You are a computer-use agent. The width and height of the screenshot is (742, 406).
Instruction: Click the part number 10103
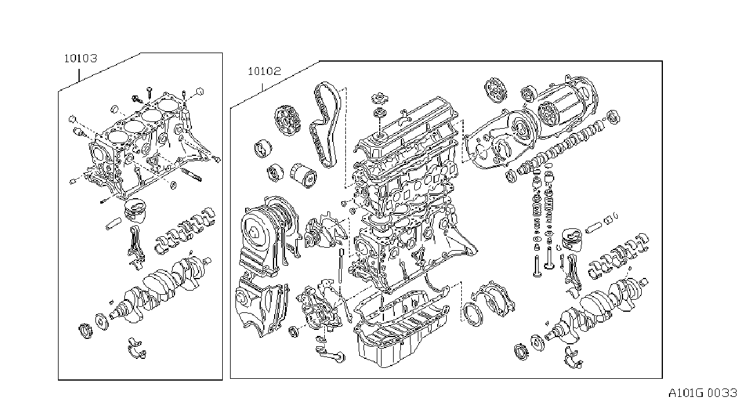80,59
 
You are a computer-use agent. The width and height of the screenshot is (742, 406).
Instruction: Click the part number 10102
264,71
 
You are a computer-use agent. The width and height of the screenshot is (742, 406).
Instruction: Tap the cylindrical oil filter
303,175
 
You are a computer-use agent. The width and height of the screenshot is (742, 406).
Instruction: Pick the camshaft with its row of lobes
564,146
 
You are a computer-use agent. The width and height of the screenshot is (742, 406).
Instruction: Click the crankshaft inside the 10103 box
159,288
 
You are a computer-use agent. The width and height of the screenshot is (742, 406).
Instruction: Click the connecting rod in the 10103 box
136,243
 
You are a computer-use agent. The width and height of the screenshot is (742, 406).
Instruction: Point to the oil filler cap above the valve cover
380,98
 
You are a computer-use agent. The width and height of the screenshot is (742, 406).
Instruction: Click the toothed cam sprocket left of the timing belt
287,120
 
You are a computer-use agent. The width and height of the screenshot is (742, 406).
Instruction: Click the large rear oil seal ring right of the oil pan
473,314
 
